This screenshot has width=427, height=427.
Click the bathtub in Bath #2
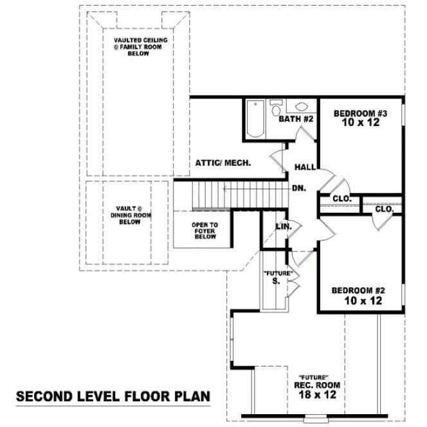pos(255,119)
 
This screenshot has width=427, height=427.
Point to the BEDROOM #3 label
pos(359,114)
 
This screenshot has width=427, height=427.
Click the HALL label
pos(305,167)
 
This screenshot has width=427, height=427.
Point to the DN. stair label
pos(298,188)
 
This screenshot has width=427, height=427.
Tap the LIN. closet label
pos(284,226)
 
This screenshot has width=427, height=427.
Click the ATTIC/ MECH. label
pos(223,163)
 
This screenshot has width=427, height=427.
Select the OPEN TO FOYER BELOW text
pos(204,230)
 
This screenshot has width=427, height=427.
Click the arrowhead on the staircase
pos(225,188)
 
